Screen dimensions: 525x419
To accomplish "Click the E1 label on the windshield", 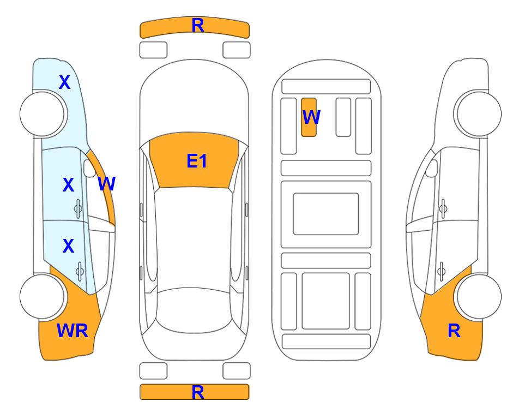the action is (x=197, y=161).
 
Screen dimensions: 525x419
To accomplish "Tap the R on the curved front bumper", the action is (x=198, y=26).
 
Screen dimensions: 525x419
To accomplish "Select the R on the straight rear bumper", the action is (x=198, y=392).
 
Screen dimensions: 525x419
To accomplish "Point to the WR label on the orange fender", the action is (x=73, y=331).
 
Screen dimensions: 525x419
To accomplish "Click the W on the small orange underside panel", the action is (x=311, y=117).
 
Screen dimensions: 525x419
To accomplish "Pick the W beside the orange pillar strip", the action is (x=107, y=184).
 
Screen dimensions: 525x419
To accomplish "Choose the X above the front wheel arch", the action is (x=65, y=82).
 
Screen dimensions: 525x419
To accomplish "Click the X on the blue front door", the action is (x=68, y=185).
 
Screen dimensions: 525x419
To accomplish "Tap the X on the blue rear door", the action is (x=68, y=246).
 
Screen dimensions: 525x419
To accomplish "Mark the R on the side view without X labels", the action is (x=454, y=331).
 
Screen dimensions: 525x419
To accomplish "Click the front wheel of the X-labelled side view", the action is (x=42, y=114).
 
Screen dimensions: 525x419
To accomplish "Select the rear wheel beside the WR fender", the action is (x=42, y=296).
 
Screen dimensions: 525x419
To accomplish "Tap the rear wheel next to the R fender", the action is (x=479, y=296).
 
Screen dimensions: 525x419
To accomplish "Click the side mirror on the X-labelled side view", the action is (x=89, y=168).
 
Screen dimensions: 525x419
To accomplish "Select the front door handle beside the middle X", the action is (x=78, y=209).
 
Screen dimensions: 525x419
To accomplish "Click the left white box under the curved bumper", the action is (x=153, y=50).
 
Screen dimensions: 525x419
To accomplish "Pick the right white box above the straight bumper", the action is (x=237, y=371).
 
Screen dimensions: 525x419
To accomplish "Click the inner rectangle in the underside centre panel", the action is (x=326, y=214).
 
